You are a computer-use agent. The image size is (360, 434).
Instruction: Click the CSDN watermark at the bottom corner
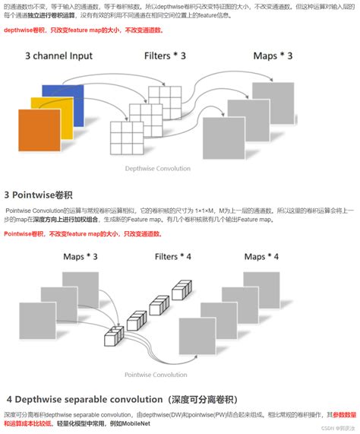click(x=337, y=427)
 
